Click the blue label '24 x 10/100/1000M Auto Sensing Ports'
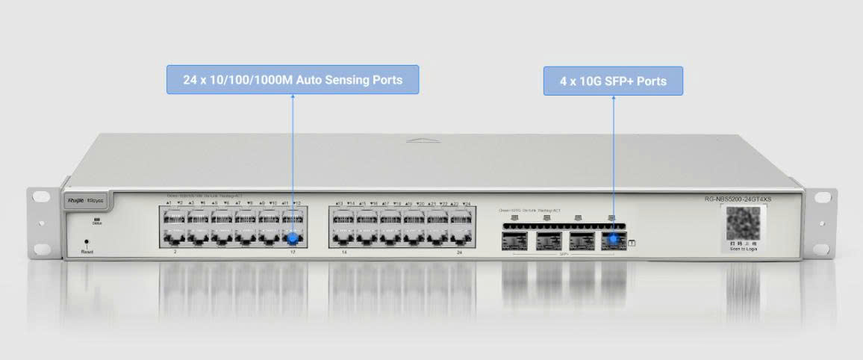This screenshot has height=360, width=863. (293, 80)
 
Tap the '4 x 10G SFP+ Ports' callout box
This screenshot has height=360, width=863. (613, 81)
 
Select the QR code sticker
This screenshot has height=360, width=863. (744, 224)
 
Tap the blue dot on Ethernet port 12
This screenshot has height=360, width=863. (293, 239)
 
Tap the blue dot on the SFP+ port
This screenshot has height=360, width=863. (614, 240)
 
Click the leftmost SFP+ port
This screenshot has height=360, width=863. (514, 240)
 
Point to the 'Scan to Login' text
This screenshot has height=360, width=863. (744, 249)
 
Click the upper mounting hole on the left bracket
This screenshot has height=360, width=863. (39, 197)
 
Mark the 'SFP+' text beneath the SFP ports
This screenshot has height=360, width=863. (564, 255)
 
